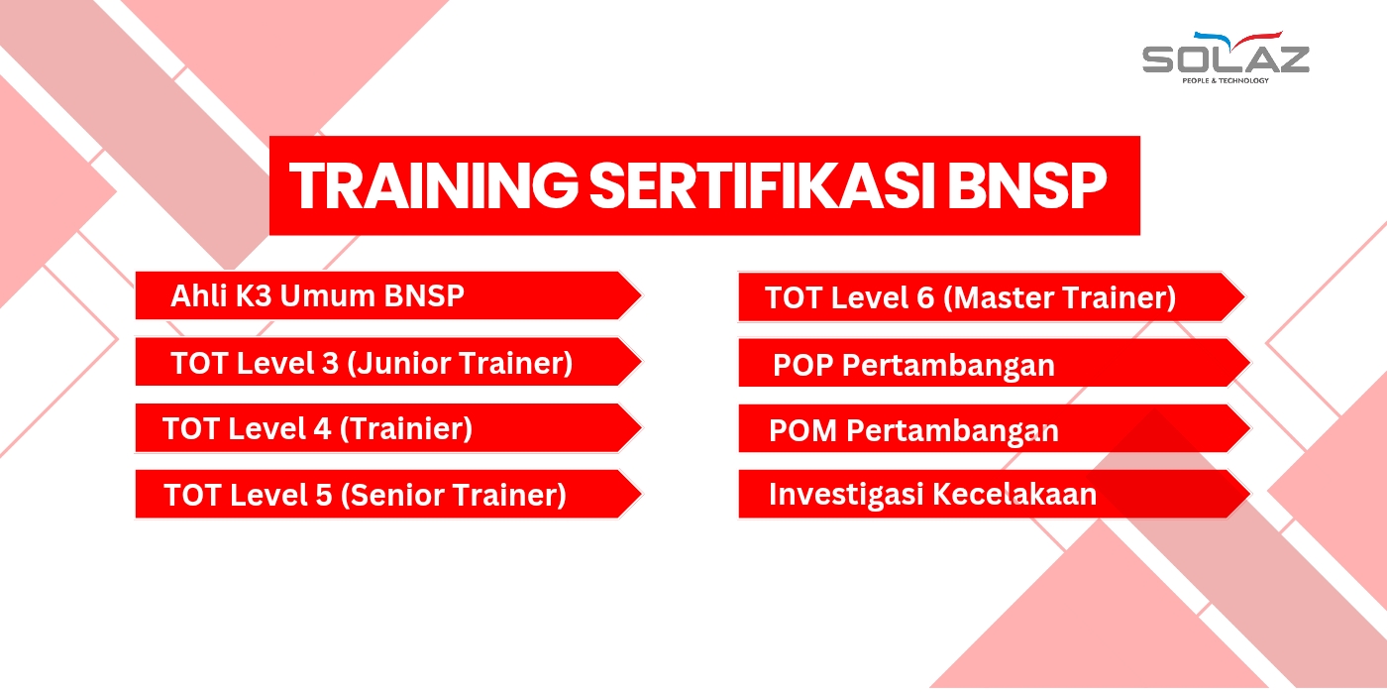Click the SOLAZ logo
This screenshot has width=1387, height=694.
(x=1226, y=58)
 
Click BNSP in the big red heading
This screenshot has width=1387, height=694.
(x=1027, y=185)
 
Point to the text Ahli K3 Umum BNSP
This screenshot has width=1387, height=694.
(x=317, y=295)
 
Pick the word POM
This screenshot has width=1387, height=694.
(x=803, y=430)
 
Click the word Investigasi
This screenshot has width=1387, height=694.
(x=846, y=495)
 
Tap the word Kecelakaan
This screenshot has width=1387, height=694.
(x=1014, y=494)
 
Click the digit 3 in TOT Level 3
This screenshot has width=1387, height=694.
(x=331, y=363)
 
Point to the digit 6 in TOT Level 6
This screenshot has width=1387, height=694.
(x=925, y=297)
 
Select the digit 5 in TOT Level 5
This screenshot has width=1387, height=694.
(x=324, y=495)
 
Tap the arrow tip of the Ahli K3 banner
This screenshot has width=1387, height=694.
(x=642, y=295)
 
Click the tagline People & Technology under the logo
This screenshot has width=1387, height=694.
(x=1226, y=80)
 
